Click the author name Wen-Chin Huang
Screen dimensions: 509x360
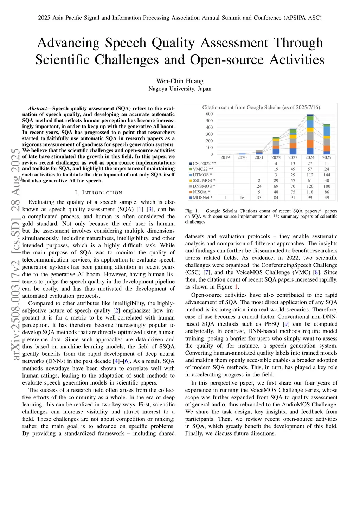(x=180, y=81)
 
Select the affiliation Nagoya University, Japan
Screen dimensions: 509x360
(x=180, y=89)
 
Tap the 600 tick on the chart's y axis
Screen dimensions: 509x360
(x=209, y=114)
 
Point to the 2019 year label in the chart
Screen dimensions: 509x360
(x=225, y=157)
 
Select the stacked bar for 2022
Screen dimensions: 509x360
(x=276, y=146)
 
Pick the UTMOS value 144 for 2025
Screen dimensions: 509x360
(x=327, y=175)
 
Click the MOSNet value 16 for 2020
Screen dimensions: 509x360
(x=242, y=198)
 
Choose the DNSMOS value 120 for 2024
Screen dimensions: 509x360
(x=310, y=186)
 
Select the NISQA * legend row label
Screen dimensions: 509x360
(x=201, y=192)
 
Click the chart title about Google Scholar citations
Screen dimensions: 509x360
(x=261, y=107)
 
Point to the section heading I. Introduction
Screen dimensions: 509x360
(x=98, y=193)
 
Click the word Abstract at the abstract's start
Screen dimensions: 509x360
(x=37, y=109)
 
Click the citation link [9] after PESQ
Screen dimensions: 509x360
(x=286, y=324)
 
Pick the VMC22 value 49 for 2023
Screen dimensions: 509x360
(x=293, y=169)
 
